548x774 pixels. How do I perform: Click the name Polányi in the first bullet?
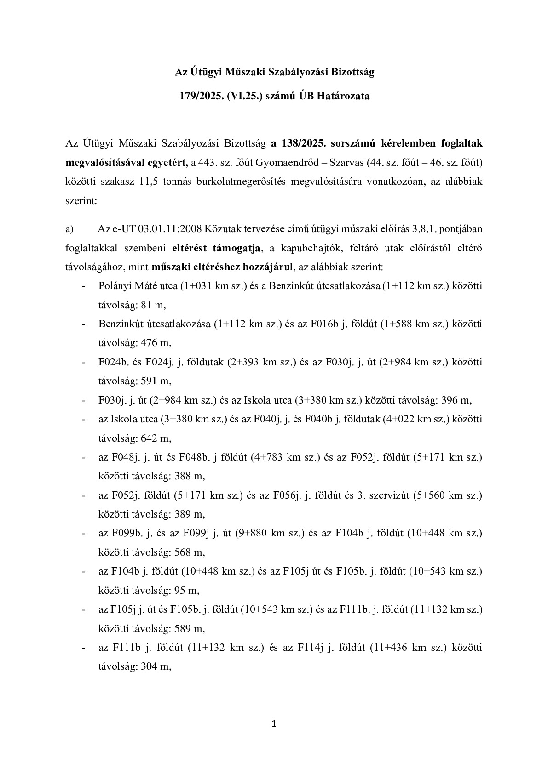pos(114,286)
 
